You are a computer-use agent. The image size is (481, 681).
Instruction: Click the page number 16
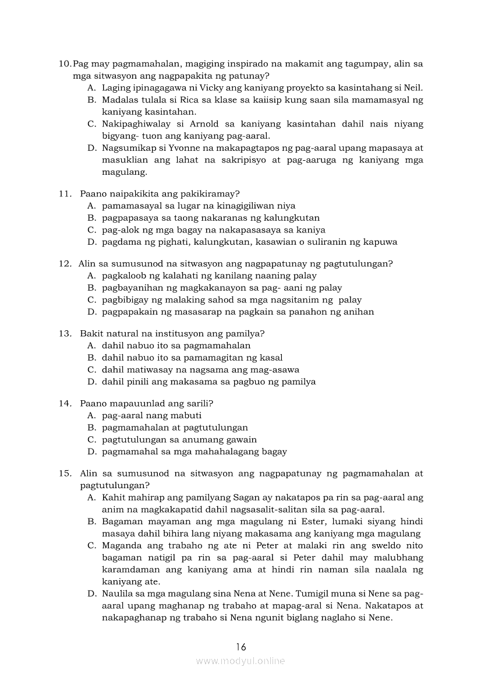241,647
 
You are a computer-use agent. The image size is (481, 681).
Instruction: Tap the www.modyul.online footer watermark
240,661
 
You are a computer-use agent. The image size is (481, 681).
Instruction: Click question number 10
65,63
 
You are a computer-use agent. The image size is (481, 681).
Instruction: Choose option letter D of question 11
91,242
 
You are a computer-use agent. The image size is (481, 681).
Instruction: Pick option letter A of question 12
91,276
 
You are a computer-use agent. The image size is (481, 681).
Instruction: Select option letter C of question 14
91,440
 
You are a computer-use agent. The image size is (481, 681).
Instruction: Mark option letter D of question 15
91,594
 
